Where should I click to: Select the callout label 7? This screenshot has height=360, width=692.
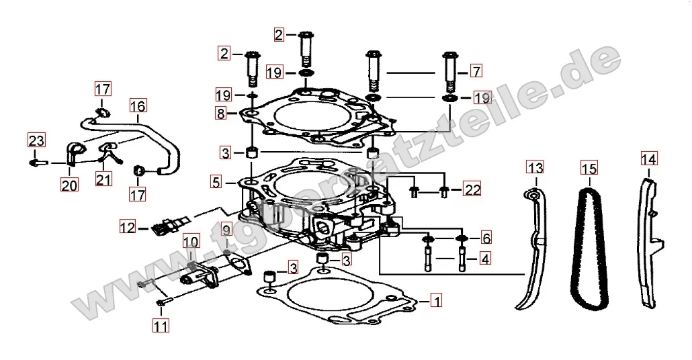(x=476, y=71)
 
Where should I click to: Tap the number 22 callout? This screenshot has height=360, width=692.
(x=472, y=190)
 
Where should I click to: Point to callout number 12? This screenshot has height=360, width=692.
(x=128, y=227)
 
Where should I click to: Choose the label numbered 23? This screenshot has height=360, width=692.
(x=36, y=140)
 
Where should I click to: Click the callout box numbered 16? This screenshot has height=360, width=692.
(x=137, y=106)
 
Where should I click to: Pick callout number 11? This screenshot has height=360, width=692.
(x=160, y=326)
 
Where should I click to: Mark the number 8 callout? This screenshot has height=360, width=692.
(x=220, y=114)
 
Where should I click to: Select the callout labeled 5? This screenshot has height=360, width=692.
(x=215, y=181)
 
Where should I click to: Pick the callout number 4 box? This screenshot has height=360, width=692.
(x=485, y=257)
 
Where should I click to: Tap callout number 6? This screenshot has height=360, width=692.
(x=485, y=238)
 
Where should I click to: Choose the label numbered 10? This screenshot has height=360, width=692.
(x=191, y=241)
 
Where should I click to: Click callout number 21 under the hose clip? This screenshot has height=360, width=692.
(x=103, y=179)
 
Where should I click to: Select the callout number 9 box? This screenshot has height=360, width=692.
(x=226, y=230)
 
